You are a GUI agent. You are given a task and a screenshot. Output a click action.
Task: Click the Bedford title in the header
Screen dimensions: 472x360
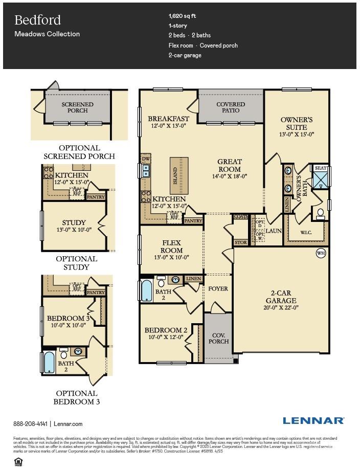pyautogui.click(x=37, y=20)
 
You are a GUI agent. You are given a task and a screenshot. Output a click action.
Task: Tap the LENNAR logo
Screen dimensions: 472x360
pyautogui.click(x=313, y=420)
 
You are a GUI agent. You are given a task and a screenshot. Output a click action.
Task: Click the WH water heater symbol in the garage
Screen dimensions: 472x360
pyautogui.click(x=321, y=253)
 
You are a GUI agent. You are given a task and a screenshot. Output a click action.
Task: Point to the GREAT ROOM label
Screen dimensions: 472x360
pyautogui.click(x=230, y=165)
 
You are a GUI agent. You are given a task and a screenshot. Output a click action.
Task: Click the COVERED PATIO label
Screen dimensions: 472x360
pyautogui.click(x=231, y=107)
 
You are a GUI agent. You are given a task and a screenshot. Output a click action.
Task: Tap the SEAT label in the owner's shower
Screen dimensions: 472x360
pyautogui.click(x=321, y=168)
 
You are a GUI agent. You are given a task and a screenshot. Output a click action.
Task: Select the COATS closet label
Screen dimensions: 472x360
pyautogui.click(x=240, y=217)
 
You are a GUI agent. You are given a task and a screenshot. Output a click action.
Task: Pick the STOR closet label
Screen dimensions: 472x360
pyautogui.click(x=240, y=242)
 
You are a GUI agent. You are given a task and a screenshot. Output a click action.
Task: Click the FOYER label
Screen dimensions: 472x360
pyautogui.click(x=218, y=289)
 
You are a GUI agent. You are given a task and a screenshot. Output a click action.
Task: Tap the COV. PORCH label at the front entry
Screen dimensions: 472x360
pyautogui.click(x=218, y=338)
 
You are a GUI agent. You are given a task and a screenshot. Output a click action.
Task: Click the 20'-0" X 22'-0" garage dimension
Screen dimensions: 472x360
pyautogui.click(x=281, y=308)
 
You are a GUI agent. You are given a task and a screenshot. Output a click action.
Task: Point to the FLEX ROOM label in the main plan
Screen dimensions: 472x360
pyautogui.click(x=172, y=247)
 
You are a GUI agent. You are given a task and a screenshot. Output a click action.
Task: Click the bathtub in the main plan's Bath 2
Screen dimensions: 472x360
pyautogui.click(x=147, y=290)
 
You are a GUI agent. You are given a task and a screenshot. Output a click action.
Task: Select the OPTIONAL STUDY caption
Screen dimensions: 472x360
pyautogui.click(x=77, y=263)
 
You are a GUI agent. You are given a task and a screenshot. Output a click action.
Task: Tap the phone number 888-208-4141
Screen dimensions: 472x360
pyautogui.click(x=30, y=424)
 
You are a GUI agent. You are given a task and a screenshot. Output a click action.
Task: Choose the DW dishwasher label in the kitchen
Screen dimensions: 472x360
pyautogui.click(x=146, y=159)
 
